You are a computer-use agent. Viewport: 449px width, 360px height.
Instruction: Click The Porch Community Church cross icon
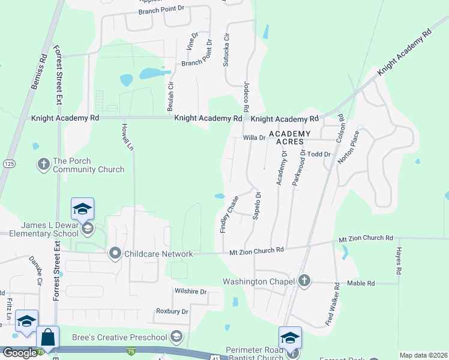coord(43,164)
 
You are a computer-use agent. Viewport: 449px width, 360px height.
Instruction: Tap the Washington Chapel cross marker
coord(304,281)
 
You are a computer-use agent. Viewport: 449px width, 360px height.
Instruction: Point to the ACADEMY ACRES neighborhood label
coord(289,137)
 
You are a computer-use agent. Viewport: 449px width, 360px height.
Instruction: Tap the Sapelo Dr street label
coord(257,206)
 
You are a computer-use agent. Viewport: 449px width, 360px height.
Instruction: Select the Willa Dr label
coord(254,137)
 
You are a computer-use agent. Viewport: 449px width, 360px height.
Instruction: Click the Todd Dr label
coord(319,154)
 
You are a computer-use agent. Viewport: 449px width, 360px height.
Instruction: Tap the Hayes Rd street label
coord(398,260)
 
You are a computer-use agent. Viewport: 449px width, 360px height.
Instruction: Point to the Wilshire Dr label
coord(190,292)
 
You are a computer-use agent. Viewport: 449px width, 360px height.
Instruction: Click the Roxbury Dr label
coord(172,311)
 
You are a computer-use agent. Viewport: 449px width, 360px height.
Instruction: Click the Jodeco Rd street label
coord(246,97)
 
